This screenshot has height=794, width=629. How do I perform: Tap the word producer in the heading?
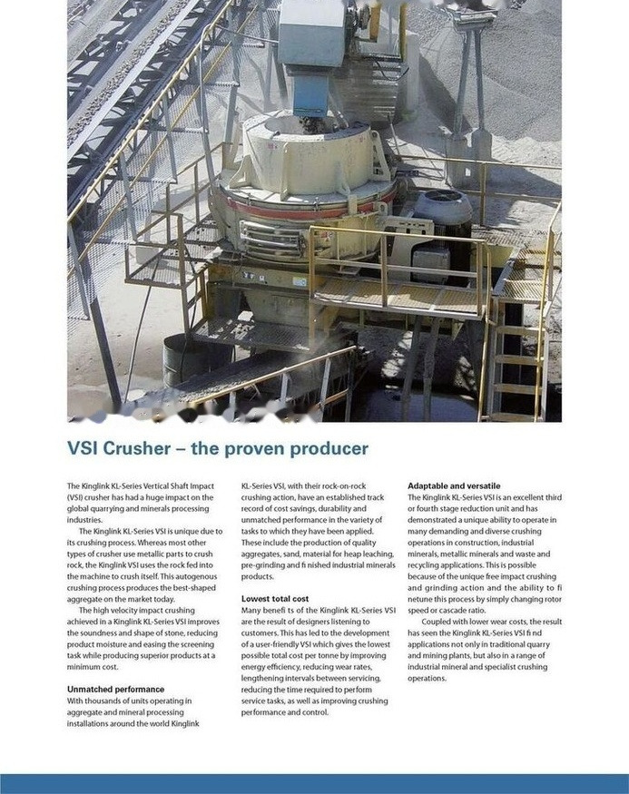pyautogui.click(x=328, y=448)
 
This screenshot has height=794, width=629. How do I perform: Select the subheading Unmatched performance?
pyautogui.click(x=115, y=690)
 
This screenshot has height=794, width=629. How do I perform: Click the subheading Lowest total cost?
pyautogui.click(x=275, y=599)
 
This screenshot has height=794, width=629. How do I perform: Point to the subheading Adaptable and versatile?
pyautogui.click(x=454, y=486)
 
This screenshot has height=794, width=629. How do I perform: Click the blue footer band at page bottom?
pyautogui.click(x=314, y=784)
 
